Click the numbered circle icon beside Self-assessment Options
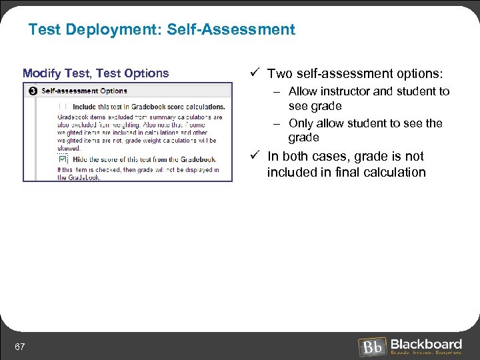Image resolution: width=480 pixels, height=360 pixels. tap(33, 91)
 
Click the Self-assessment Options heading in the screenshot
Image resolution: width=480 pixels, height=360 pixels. tap(84, 91)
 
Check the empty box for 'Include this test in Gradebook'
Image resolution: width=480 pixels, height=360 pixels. tap(63, 106)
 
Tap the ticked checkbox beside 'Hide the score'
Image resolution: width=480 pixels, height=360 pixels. tap(63, 159)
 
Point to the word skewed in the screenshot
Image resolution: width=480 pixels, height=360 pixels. tap(68, 149)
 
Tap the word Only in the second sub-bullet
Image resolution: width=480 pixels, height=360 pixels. tap(301, 123)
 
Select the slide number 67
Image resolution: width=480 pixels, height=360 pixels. tap(20, 346)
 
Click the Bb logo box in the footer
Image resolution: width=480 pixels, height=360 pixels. tap(371, 347)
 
